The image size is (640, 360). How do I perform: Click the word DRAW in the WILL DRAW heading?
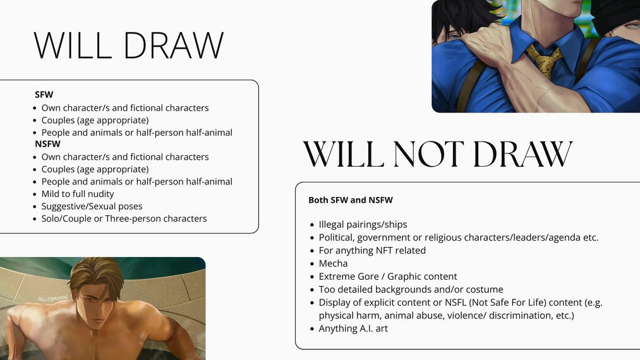coord(174,45)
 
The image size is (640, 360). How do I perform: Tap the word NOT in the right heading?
coord(428,154)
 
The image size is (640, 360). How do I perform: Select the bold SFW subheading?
coord(44,95)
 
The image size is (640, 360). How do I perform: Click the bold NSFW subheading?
coord(48,144)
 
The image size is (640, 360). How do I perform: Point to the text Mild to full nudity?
coord(78,194)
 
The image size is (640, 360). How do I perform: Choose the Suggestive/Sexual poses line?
coord(92,206)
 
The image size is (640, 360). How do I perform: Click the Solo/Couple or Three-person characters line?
coord(124,219)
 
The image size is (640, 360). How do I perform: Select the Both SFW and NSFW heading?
coord(351,200)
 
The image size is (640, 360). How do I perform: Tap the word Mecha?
coord(333,263)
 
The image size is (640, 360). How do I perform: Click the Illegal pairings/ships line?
coord(363,224)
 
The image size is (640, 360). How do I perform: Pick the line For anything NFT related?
coord(372,250)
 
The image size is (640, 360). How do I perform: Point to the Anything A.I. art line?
coord(353,328)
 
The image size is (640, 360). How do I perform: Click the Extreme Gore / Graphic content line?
coord(388,277)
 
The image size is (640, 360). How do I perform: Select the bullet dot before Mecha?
coord(312,264)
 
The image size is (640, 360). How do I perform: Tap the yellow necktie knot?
coord(543,55)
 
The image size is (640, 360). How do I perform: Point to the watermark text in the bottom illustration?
coord(52,299)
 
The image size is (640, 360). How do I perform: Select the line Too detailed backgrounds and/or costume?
coord(411,289)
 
